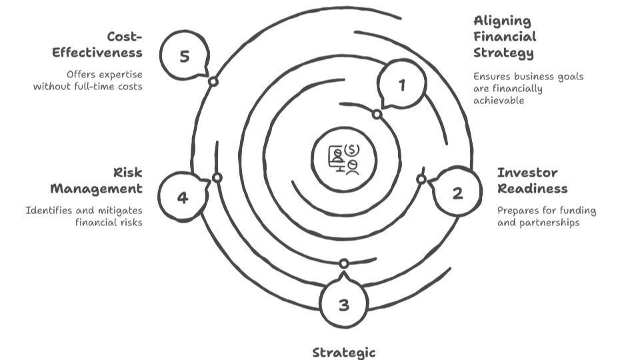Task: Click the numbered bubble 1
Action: point(401,85)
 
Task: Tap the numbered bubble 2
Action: point(457,193)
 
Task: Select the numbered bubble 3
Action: point(344,305)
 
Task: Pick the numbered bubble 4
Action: point(183,197)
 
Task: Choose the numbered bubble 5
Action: point(185,57)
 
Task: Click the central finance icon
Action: point(344,159)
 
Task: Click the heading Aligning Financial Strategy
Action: point(505,37)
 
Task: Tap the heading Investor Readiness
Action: point(532,181)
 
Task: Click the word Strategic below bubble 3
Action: point(344,352)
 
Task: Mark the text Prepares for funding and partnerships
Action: point(546,217)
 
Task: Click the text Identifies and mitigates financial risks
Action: point(84,217)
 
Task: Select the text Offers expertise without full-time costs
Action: point(88,81)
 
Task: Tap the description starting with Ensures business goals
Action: point(528,88)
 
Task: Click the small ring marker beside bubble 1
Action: point(377,115)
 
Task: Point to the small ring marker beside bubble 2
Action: point(421,179)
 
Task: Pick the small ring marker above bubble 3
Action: point(344,263)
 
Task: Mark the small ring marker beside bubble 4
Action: point(217,178)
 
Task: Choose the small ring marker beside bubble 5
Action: point(213,81)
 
